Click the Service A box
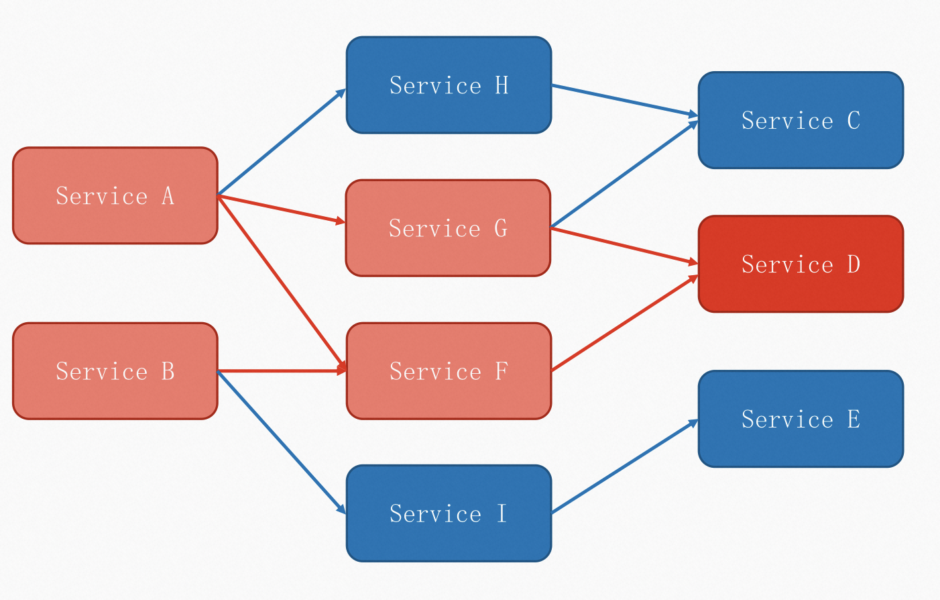tap(115, 195)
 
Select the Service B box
tap(115, 371)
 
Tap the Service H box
tap(449, 85)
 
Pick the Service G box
tap(448, 228)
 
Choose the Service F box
tap(449, 371)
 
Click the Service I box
tap(449, 513)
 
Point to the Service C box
tap(801, 120)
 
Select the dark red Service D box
tap(801, 264)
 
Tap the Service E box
tap(801, 419)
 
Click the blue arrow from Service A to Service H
tap(281, 142)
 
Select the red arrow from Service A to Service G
tap(281, 209)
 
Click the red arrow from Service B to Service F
tap(282, 370)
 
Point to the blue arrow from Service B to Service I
tap(281, 442)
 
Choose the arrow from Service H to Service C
tap(625, 101)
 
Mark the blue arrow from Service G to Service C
tap(624, 174)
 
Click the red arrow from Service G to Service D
tap(624, 246)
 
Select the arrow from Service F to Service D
tap(625, 323)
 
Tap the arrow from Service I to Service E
tap(625, 466)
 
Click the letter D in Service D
tap(854, 264)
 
